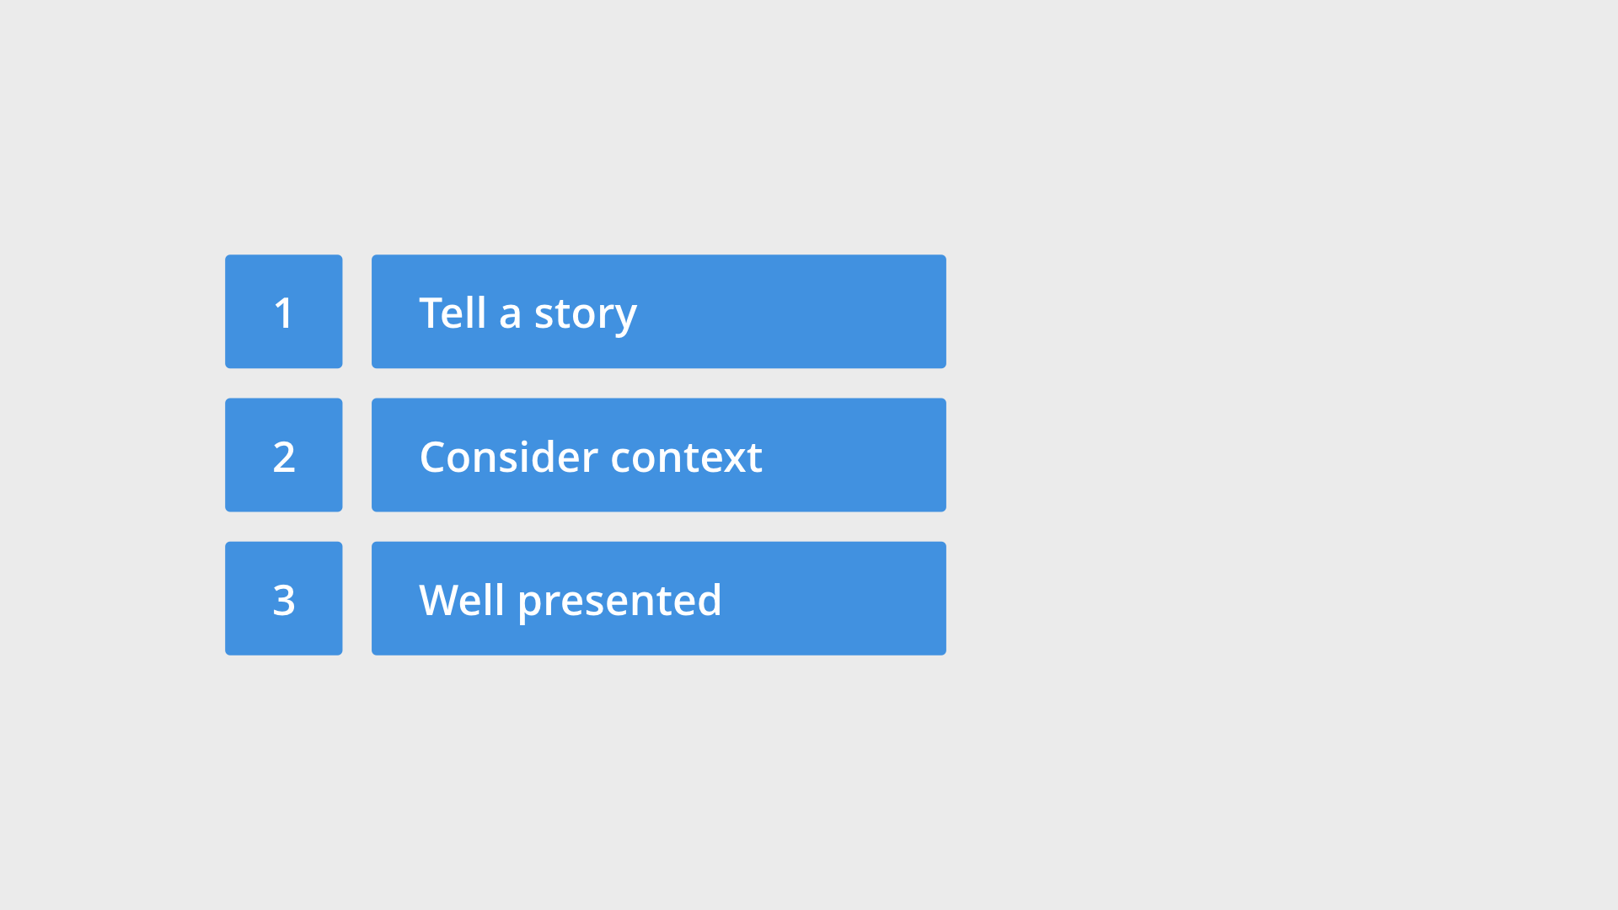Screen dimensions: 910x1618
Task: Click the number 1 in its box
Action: click(283, 313)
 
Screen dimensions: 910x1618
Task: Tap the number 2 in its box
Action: click(284, 458)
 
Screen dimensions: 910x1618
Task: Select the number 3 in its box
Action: click(284, 601)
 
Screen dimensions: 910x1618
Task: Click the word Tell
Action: click(453, 313)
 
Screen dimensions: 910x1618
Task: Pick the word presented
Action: click(619, 602)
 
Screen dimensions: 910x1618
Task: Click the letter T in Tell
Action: click(431, 313)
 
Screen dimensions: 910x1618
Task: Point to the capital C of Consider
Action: click(435, 458)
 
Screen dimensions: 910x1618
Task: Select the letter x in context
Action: click(733, 461)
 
